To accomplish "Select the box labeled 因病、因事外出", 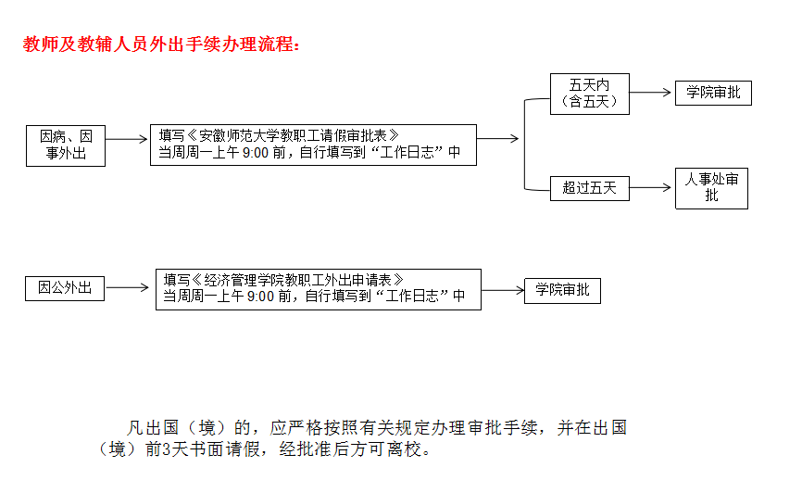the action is click(x=66, y=145).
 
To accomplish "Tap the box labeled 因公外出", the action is click(x=65, y=288).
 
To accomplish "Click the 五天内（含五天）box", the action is click(x=590, y=94).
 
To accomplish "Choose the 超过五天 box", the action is click(x=590, y=188).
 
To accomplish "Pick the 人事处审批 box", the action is click(x=711, y=188).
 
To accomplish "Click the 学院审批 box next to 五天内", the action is click(x=713, y=94).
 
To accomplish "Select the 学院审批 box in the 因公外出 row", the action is click(x=563, y=291).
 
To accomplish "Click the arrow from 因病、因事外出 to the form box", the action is click(x=126, y=139).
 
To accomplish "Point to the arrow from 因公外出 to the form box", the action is click(x=127, y=287).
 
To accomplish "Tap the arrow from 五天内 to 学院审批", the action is click(x=650, y=93).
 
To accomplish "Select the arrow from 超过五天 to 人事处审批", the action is click(x=650, y=188).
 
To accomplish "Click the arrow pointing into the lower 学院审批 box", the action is click(x=503, y=291).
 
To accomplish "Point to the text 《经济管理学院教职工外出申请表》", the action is click(x=297, y=280).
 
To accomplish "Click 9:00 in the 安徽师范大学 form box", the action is click(x=256, y=153).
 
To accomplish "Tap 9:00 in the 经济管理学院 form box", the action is click(x=260, y=297).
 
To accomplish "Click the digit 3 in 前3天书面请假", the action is click(x=166, y=449).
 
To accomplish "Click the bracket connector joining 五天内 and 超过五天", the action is click(x=525, y=145).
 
